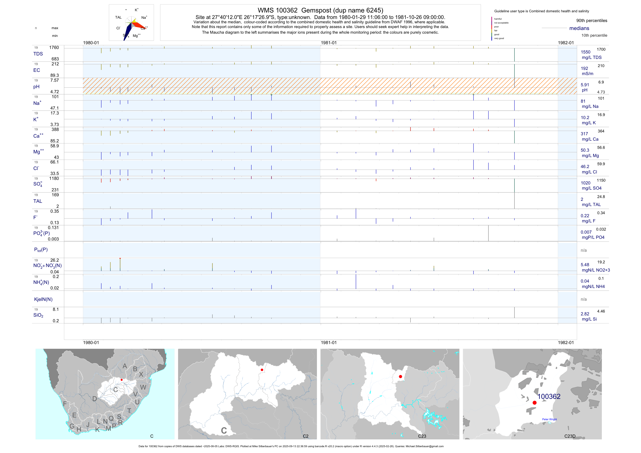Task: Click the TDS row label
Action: [x=38, y=54]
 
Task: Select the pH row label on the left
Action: [x=36, y=87]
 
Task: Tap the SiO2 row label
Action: [x=38, y=315]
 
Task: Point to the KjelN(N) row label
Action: [x=43, y=299]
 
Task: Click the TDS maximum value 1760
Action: [x=54, y=48]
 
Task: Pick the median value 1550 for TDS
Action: [x=586, y=52]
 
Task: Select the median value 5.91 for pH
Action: [x=585, y=85]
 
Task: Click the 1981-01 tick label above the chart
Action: [x=329, y=43]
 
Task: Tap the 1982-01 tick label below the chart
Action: [x=566, y=343]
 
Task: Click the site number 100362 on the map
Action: [x=549, y=396]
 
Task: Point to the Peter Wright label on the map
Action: [x=549, y=419]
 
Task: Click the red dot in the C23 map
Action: [x=400, y=377]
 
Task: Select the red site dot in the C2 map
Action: [x=262, y=370]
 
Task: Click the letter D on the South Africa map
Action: [x=95, y=399]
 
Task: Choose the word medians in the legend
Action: [x=579, y=28]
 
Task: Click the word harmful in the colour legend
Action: [x=498, y=19]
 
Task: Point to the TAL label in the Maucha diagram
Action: [x=118, y=17]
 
